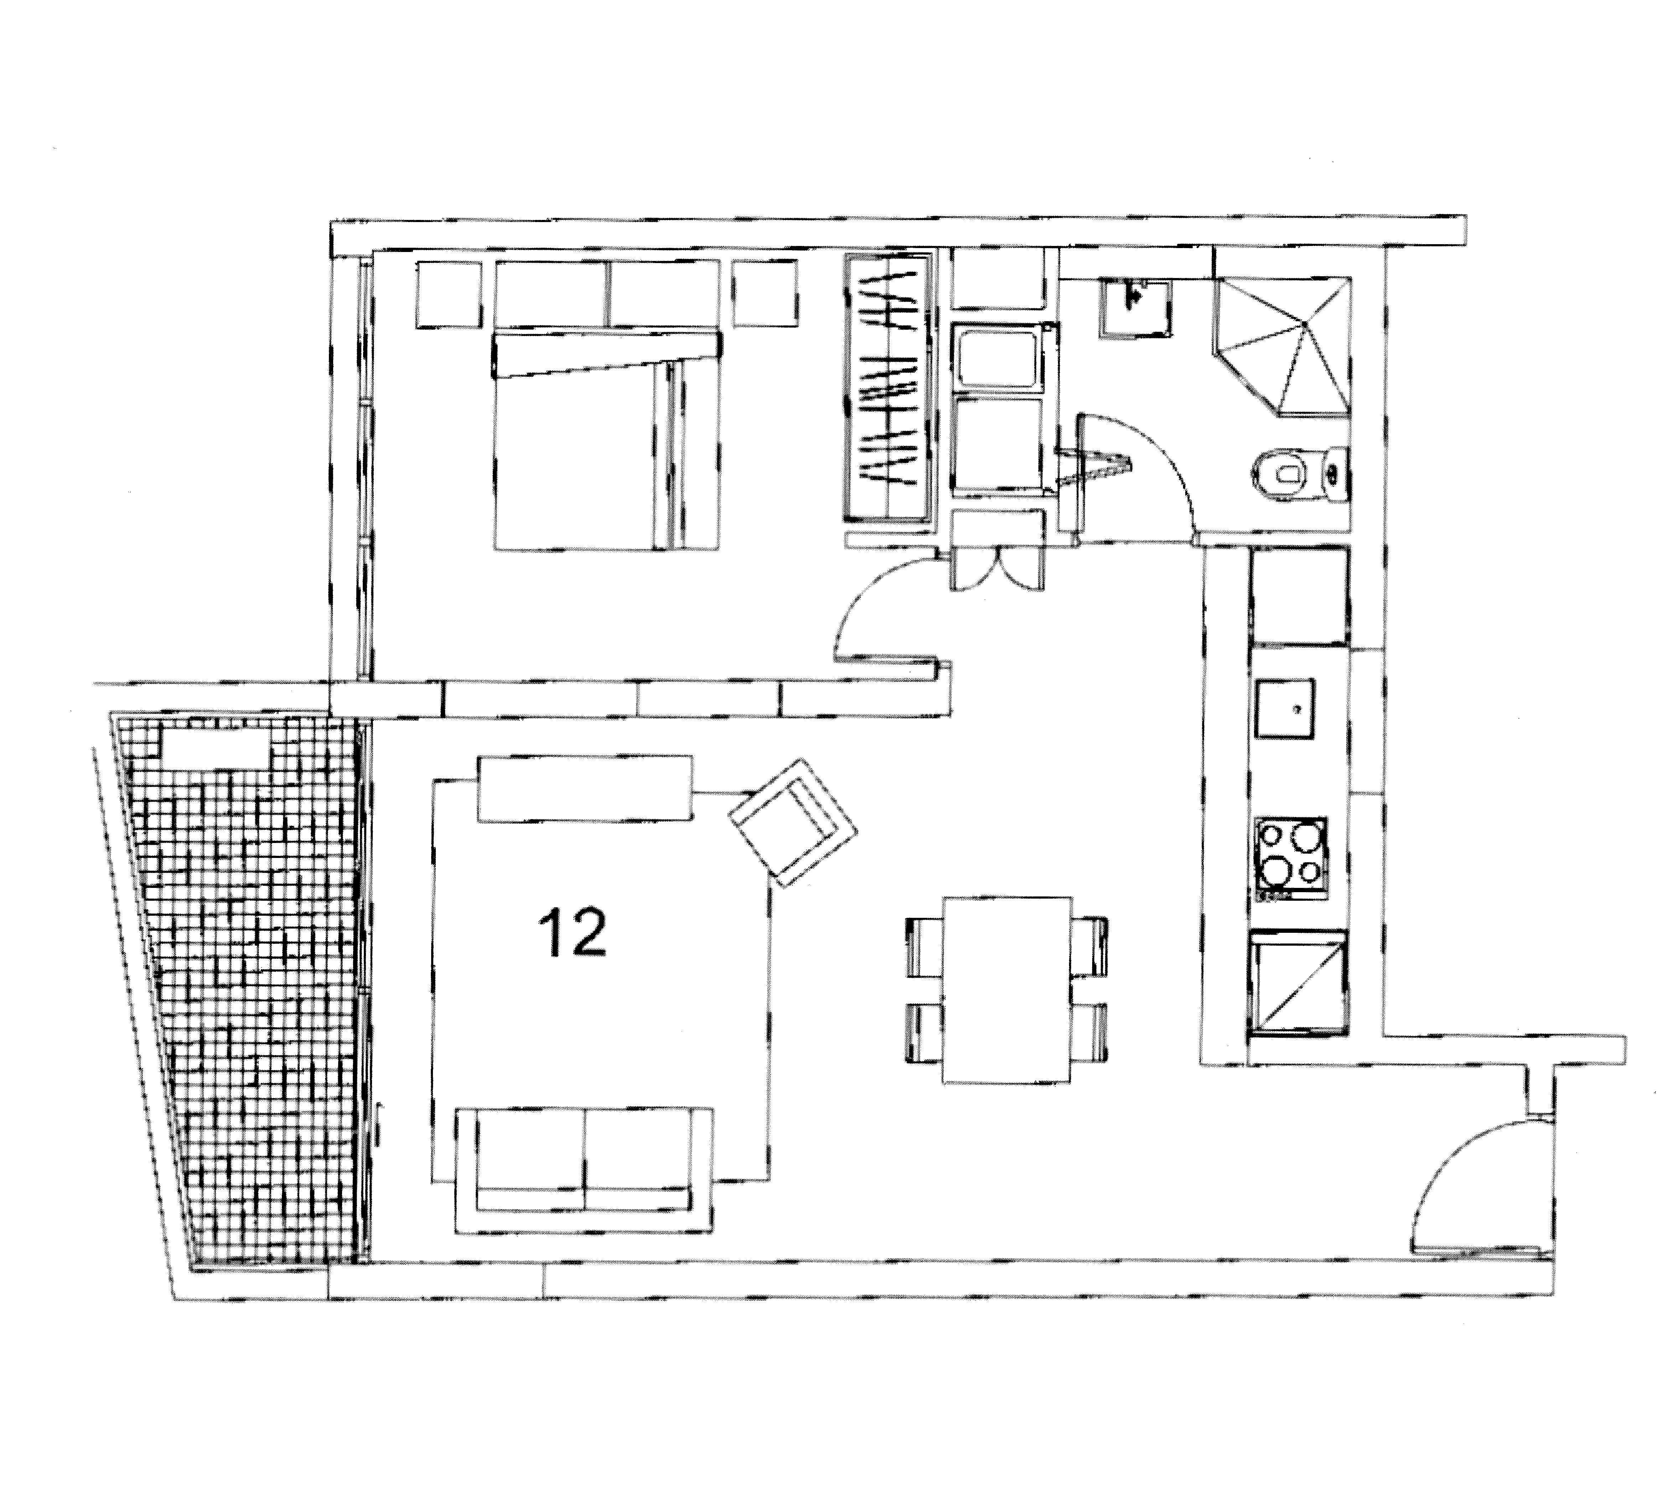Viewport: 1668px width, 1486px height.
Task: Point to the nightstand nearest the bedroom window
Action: (x=447, y=294)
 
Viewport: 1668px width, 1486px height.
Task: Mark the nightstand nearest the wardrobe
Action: (x=765, y=294)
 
